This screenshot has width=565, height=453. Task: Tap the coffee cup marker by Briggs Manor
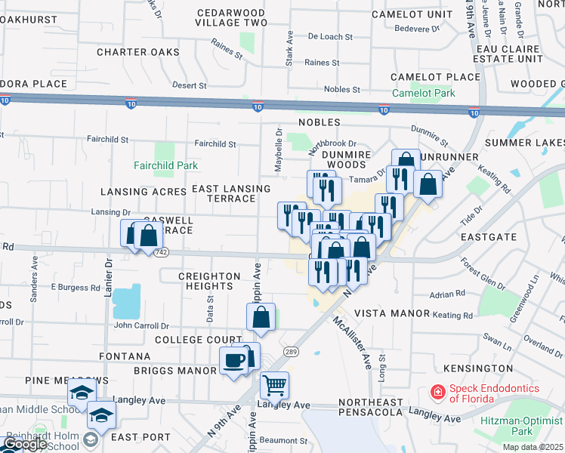233,359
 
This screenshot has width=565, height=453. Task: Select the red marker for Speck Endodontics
437,392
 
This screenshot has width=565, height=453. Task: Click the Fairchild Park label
165,165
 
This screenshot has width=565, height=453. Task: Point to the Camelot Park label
423,94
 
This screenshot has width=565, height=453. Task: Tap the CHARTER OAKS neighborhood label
138,52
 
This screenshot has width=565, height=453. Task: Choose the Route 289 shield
291,352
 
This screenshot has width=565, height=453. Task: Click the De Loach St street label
332,35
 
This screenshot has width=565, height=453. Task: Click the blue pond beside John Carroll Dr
126,301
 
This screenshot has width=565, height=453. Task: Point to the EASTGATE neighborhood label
488,236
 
